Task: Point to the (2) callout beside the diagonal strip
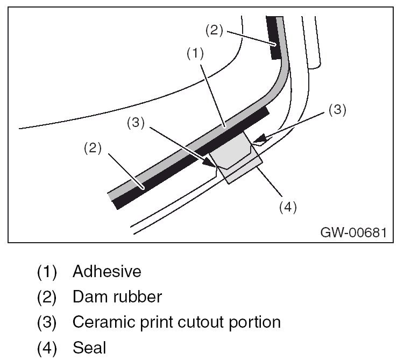tap(93, 148)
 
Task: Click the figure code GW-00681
tap(353, 232)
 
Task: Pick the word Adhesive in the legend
tap(107, 271)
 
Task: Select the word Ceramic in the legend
tap(104, 322)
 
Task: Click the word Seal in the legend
tap(89, 348)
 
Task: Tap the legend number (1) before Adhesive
tap(47, 271)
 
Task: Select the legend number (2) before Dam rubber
tap(47, 297)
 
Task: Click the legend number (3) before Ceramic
tap(47, 322)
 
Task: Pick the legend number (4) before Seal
tap(47, 348)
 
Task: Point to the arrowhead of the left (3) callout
tap(211, 163)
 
